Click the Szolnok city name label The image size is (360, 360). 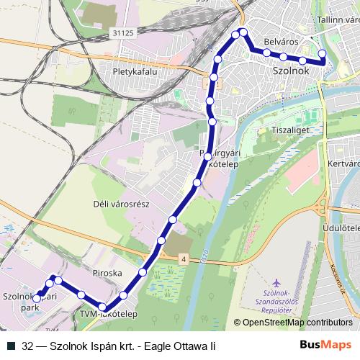coord(291,73)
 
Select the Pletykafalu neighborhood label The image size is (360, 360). coord(134,72)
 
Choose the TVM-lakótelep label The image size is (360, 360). coord(107,314)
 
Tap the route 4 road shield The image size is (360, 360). coord(184,258)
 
